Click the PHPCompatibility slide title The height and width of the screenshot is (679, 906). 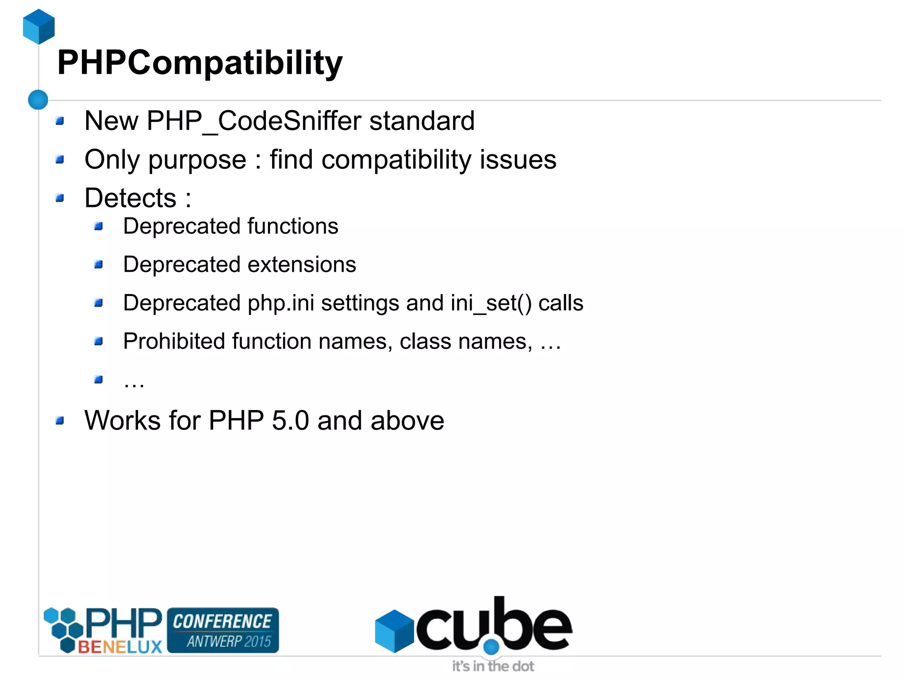tap(200, 63)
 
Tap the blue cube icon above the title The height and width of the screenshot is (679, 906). tap(39, 27)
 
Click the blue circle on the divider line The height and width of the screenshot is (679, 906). tap(38, 100)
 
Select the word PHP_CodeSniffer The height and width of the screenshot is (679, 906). tap(253, 121)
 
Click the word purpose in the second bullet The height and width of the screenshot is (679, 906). tap(197, 160)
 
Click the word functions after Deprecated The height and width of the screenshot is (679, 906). tap(293, 226)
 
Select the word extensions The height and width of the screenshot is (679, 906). tap(302, 265)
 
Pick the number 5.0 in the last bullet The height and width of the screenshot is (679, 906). tap(290, 420)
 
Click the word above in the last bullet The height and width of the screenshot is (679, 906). tap(407, 420)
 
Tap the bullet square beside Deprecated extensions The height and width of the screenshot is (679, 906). tap(99, 265)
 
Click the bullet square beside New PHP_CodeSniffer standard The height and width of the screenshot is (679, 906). tap(60, 121)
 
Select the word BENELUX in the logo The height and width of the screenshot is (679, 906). tap(120, 647)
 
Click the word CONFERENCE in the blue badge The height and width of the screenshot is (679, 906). tap(222, 621)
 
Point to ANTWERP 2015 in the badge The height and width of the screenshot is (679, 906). tap(228, 641)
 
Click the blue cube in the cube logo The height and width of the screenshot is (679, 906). tap(394, 631)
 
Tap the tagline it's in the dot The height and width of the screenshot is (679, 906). tap(493, 666)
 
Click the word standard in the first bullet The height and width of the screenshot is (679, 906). tap(422, 121)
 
